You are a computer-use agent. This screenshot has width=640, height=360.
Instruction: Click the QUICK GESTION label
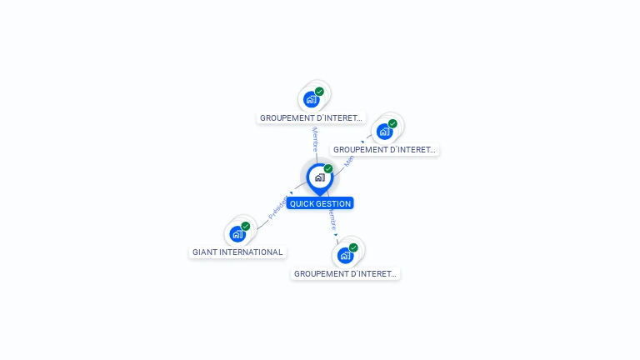pos(320,203)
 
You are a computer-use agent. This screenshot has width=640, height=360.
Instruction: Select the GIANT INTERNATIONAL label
pos(237,252)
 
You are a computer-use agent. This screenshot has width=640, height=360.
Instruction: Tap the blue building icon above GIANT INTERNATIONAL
pos(237,234)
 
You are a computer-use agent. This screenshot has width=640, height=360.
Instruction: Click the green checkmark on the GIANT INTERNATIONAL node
pos(246,226)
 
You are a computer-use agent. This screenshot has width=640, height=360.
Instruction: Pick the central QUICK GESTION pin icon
pos(319,177)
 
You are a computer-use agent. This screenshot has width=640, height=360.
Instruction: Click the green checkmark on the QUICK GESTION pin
pos(328,169)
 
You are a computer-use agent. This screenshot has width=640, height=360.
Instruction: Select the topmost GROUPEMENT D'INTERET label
pos(311,117)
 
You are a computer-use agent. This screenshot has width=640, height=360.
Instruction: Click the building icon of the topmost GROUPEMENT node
pos(311,100)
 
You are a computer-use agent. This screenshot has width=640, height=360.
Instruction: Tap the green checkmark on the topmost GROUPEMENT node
pos(319,92)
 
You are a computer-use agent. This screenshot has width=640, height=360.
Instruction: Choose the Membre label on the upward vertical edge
pos(315,138)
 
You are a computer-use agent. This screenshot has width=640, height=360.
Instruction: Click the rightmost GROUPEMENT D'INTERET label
pos(384,150)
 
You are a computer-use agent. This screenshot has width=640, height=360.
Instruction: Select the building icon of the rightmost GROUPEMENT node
pos(384,132)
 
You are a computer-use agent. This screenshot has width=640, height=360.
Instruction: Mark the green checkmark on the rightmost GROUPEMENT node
pos(392,123)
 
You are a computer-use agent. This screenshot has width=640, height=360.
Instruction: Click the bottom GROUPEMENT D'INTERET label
pos(345,273)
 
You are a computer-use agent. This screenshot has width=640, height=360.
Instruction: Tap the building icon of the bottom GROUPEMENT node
pos(345,256)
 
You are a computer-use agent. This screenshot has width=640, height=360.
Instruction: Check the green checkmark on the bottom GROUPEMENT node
pos(353,247)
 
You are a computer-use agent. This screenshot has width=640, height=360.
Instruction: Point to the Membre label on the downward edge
pos(332,220)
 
